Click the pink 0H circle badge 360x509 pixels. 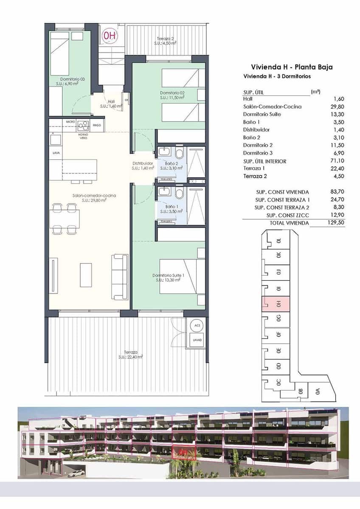(110, 36)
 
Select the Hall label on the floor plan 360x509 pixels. (111, 104)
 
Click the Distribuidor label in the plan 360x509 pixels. (142, 165)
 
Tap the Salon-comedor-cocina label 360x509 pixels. (89, 198)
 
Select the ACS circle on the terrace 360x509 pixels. (197, 326)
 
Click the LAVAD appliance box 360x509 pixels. (197, 340)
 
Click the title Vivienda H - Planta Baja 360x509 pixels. (292, 67)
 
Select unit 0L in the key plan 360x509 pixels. (278, 241)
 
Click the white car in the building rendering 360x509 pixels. (76, 473)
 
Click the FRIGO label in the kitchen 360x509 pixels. (97, 126)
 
